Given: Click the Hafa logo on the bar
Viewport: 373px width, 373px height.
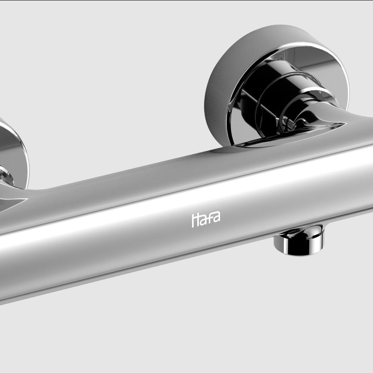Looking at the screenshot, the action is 206,219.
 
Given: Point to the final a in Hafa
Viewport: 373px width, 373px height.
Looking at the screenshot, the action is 217,217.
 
